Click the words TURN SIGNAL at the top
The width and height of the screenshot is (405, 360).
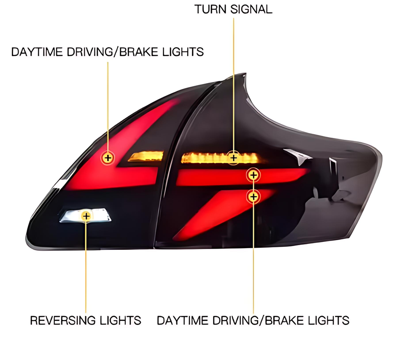point(233,9)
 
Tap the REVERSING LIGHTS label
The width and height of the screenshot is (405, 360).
point(86,320)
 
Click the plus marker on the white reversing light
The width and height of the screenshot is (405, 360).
point(86,216)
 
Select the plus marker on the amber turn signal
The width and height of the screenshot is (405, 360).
point(233,158)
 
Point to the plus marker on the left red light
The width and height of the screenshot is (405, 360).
point(108,158)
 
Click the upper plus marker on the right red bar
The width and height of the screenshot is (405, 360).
point(254,174)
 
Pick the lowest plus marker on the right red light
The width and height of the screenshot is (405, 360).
point(254,196)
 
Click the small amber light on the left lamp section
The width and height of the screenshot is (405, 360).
point(146,157)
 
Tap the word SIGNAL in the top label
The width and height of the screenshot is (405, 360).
point(251,9)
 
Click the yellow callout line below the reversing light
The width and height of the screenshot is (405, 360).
point(86,266)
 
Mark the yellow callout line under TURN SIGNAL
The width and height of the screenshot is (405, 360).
point(233,84)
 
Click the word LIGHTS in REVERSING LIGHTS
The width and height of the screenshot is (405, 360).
point(121,320)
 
